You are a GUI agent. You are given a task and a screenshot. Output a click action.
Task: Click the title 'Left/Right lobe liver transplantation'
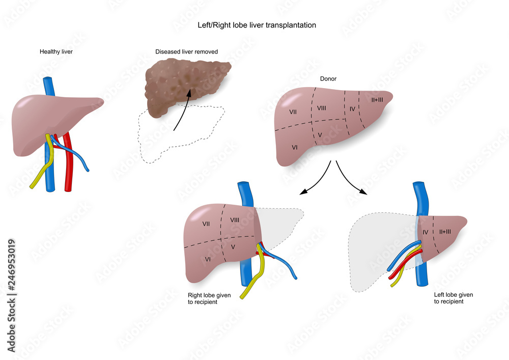(x=257, y=25)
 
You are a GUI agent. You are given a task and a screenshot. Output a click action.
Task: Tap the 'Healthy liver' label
(x=56, y=51)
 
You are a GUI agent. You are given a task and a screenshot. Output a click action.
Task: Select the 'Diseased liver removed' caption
(x=186, y=51)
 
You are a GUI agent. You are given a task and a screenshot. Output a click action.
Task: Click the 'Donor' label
(x=328, y=78)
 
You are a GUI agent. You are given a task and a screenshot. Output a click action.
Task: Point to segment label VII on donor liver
(x=293, y=112)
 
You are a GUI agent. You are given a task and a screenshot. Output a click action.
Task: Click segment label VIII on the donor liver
(x=321, y=108)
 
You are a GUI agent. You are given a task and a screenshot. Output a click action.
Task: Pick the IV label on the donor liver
(x=352, y=109)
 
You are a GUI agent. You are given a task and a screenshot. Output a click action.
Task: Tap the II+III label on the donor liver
(x=377, y=100)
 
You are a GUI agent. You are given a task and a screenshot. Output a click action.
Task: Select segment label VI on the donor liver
(x=294, y=147)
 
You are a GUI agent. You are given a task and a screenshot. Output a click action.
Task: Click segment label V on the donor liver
(x=320, y=135)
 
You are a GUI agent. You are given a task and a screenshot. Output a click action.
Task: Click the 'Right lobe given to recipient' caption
(x=209, y=298)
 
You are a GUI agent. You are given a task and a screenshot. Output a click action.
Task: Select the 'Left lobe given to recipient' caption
(x=454, y=298)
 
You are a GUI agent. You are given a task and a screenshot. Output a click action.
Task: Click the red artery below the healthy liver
(x=68, y=162)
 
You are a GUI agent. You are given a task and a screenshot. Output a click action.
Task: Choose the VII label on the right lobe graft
(x=206, y=224)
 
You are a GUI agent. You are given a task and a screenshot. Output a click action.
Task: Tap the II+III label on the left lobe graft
(x=445, y=232)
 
